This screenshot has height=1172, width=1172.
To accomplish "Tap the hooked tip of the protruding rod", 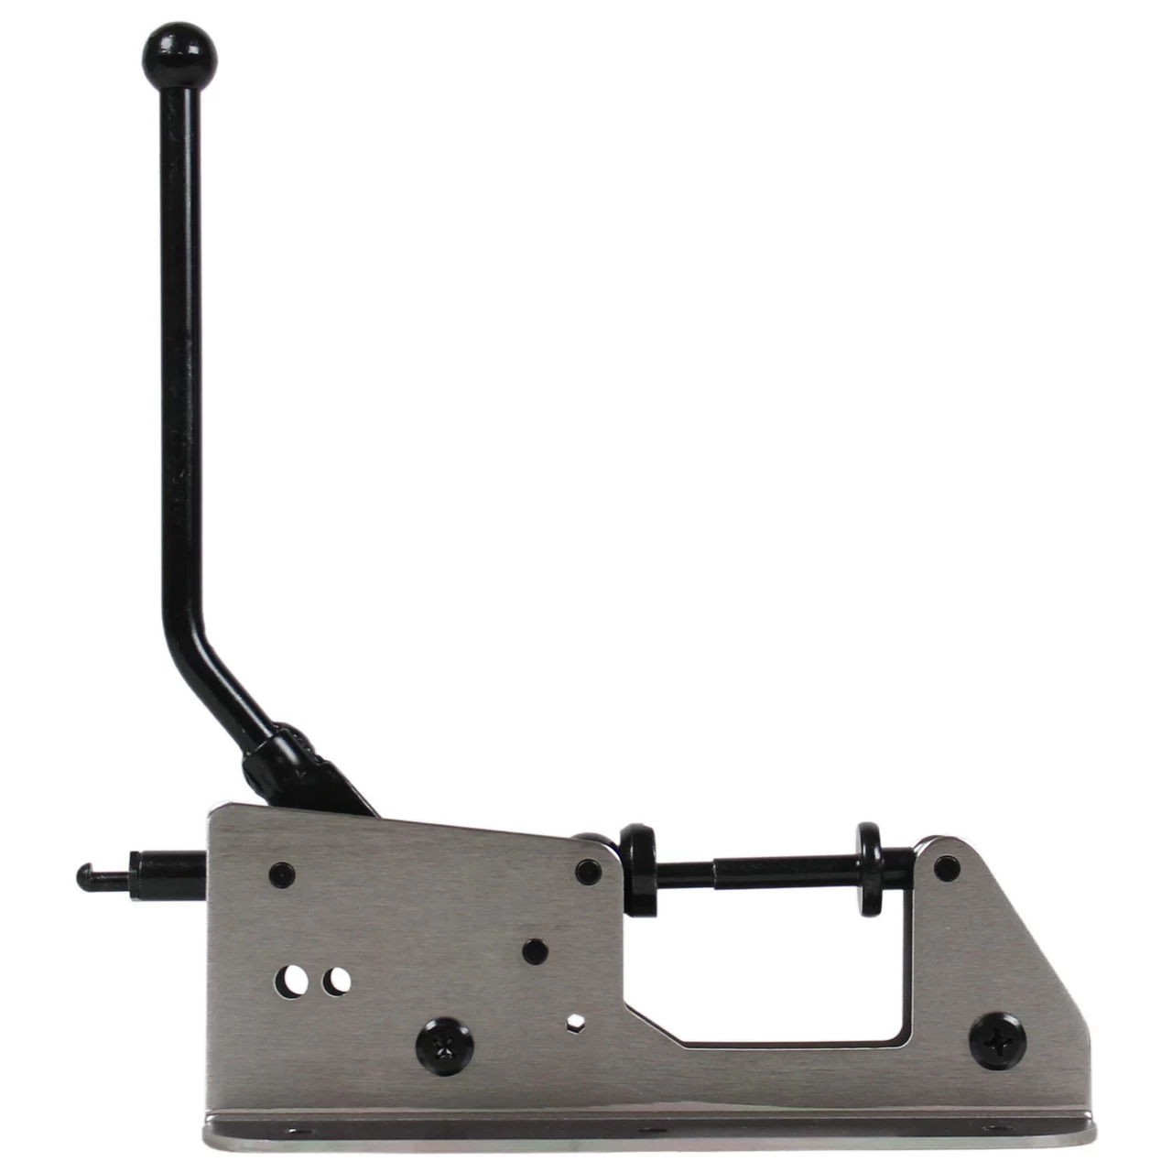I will [x=85, y=875].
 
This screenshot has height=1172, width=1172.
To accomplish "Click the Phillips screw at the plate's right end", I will [x=997, y=1040].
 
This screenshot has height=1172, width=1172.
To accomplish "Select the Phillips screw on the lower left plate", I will [x=445, y=1047].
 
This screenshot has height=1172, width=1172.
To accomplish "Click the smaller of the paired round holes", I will [x=339, y=981].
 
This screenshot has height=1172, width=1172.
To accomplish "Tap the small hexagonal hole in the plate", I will [x=576, y=1021].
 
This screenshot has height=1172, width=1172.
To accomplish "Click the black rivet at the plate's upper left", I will [x=282, y=874].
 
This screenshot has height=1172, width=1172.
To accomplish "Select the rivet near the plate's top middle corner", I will [x=588, y=871].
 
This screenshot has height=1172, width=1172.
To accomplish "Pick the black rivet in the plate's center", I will [x=536, y=950].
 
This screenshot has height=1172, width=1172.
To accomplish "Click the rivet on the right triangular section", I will [x=949, y=864].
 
